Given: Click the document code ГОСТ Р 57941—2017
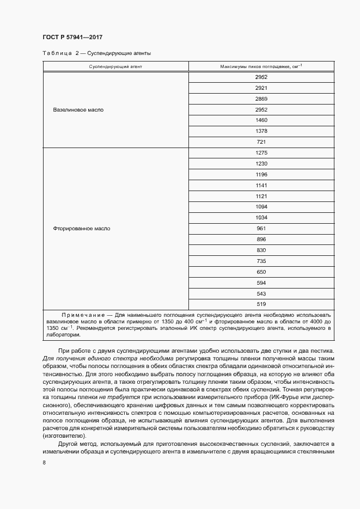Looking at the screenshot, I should click(x=72, y=37).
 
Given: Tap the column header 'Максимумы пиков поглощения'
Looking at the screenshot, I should click(x=261, y=66).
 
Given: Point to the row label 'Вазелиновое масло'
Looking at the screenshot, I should click(x=78, y=110).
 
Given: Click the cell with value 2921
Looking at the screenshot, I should click(x=261, y=88).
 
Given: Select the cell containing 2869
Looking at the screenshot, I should click(x=261, y=99).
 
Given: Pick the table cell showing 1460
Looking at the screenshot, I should click(x=261, y=120).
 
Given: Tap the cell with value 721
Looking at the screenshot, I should click(x=261, y=142).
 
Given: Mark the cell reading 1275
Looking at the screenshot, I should click(x=261, y=153).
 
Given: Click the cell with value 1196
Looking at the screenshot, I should click(x=261, y=174).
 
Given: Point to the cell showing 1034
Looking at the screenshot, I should click(x=261, y=218).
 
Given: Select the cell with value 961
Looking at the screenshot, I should click(x=261, y=229).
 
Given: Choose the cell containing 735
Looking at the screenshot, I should click(x=261, y=261).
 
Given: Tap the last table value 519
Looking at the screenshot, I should click(x=261, y=304).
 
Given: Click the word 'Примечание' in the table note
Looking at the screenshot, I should click(x=82, y=315).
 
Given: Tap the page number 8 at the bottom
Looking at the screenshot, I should click(x=44, y=463).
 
